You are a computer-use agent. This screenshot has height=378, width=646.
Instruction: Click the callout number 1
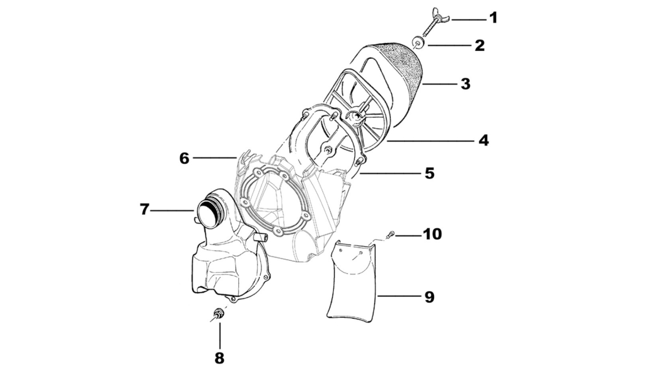tap(493, 18)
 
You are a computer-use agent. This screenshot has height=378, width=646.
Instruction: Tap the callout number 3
tap(465, 84)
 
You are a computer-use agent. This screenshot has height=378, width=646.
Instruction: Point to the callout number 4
tap(483, 140)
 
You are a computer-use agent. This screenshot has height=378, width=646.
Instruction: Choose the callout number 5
tap(429, 173)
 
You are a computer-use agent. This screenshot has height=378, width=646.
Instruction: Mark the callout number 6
tap(184, 158)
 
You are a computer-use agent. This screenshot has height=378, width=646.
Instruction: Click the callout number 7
tap(144, 210)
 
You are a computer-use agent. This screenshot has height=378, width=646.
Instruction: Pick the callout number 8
tap(220, 358)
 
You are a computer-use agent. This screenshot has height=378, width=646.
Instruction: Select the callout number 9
tap(429, 297)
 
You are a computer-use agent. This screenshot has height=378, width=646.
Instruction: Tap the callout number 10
tap(432, 234)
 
